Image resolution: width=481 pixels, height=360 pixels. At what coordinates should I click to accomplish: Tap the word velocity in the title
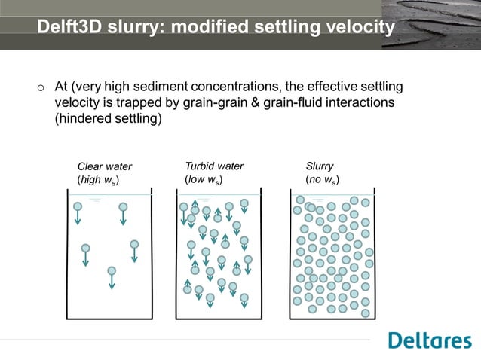[x=355, y=28]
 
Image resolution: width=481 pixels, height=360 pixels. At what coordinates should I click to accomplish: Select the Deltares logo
[x=430, y=340]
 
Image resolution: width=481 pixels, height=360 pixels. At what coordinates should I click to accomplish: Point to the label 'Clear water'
[x=105, y=166]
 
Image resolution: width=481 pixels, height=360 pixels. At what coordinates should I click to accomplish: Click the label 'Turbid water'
[x=214, y=166]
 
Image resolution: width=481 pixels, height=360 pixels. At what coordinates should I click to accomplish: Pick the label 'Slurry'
[x=320, y=166]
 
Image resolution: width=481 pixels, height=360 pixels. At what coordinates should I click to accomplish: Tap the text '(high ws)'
[x=99, y=181]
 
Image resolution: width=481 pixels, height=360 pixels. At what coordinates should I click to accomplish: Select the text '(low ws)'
[x=204, y=181]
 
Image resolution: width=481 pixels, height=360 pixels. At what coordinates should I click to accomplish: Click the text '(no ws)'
[x=322, y=181]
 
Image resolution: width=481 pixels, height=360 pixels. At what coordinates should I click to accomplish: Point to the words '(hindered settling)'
[x=109, y=119]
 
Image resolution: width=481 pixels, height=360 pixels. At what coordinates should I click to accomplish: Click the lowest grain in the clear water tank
[x=112, y=271]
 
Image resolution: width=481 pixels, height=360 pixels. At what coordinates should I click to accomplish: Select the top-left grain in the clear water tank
[x=78, y=206]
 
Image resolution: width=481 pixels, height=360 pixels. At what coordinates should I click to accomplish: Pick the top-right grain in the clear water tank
[x=123, y=206]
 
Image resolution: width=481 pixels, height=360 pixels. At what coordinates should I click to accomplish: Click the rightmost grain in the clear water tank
[x=134, y=244]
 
